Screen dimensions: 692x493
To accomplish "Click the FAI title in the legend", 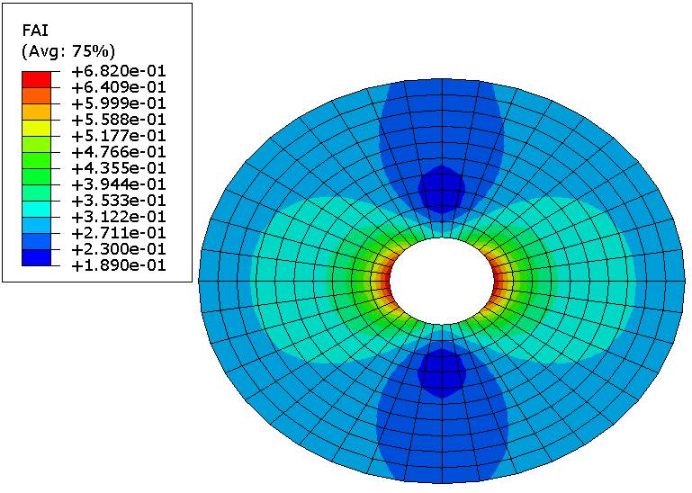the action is coord(35,31).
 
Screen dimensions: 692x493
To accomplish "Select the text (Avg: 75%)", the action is coord(68,51).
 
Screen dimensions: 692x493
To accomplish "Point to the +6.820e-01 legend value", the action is coord(118,70).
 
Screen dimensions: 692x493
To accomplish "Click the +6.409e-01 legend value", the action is coord(118,87).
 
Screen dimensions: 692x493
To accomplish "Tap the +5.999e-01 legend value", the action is coord(118,103).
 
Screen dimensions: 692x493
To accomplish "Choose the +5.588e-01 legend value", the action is coord(118,119).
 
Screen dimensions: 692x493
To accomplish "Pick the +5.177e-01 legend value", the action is coord(118,136).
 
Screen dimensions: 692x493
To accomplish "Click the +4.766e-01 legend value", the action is coord(118,152).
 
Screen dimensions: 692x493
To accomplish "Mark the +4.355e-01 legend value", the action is coord(118,168).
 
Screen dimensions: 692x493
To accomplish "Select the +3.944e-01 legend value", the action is coord(118,184).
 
